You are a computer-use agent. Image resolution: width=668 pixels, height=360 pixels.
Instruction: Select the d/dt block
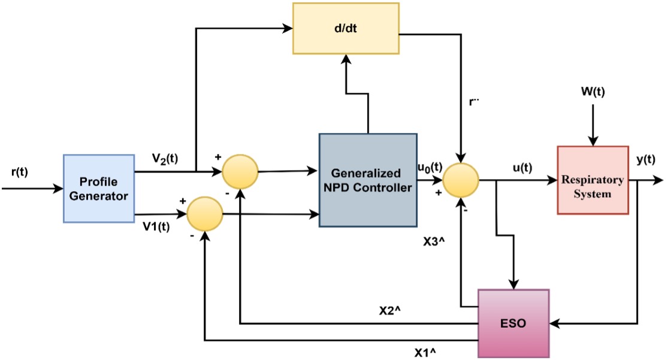click(346, 28)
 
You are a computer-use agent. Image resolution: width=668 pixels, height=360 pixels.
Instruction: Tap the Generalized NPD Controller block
click(367, 180)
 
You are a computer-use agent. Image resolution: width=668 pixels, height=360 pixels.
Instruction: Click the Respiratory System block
click(593, 180)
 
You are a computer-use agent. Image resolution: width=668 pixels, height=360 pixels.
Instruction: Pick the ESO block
click(513, 323)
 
